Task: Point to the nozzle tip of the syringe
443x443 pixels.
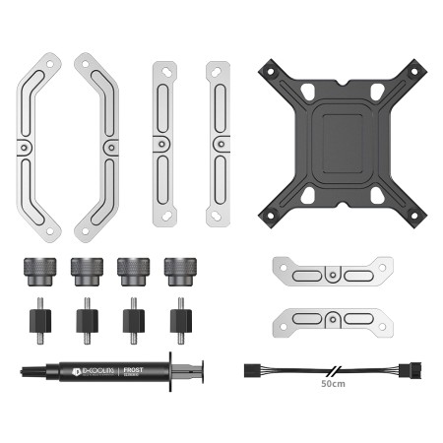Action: click(x=23, y=374)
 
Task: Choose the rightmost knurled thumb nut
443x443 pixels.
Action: click(x=178, y=268)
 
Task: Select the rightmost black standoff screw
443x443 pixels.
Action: click(x=178, y=316)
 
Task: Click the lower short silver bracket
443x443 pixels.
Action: click(x=333, y=318)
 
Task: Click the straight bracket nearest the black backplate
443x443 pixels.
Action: click(x=218, y=143)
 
